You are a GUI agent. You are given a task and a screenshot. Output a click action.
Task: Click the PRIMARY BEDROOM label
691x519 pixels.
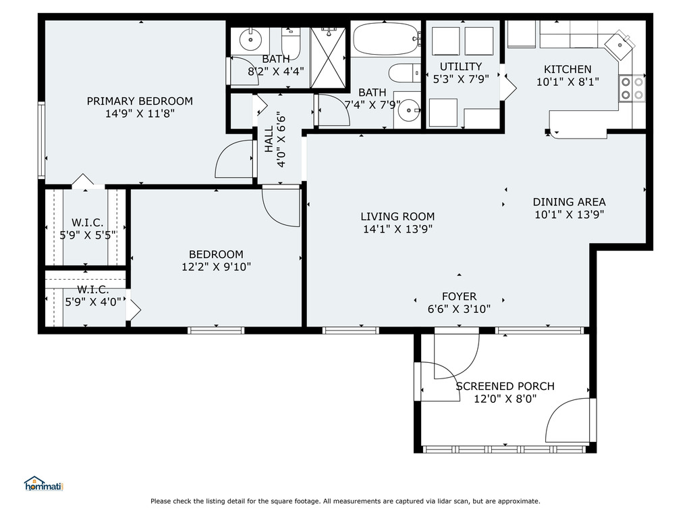[140, 101]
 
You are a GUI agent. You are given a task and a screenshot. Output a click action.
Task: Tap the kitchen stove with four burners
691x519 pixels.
[632, 89]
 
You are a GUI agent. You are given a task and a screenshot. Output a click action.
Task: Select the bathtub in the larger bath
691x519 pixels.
[387, 39]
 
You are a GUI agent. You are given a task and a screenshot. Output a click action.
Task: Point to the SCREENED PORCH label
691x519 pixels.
[505, 386]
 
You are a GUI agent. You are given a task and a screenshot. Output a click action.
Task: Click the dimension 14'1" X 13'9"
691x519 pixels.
[397, 229]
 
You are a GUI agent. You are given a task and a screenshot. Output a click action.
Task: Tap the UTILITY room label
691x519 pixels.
[460, 67]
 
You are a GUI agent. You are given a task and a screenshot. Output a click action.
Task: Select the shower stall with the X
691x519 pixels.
[329, 57]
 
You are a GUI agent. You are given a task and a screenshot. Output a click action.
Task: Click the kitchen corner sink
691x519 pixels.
[619, 45]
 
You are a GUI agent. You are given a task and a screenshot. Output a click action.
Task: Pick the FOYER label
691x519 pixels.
[459, 296]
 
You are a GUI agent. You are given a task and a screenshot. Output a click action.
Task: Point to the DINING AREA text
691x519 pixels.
[569, 202]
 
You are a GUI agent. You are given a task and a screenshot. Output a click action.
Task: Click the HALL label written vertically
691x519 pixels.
[269, 139]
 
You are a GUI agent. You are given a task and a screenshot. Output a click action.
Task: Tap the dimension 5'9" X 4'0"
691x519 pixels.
[93, 302]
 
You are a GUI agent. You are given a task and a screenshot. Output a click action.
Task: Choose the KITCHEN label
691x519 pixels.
[568, 70]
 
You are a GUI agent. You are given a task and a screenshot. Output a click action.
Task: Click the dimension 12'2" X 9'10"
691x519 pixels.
[216, 267]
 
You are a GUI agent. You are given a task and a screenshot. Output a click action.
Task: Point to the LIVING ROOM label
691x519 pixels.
[397, 216]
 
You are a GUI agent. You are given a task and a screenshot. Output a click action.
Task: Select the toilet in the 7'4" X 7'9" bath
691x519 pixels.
[405, 73]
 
